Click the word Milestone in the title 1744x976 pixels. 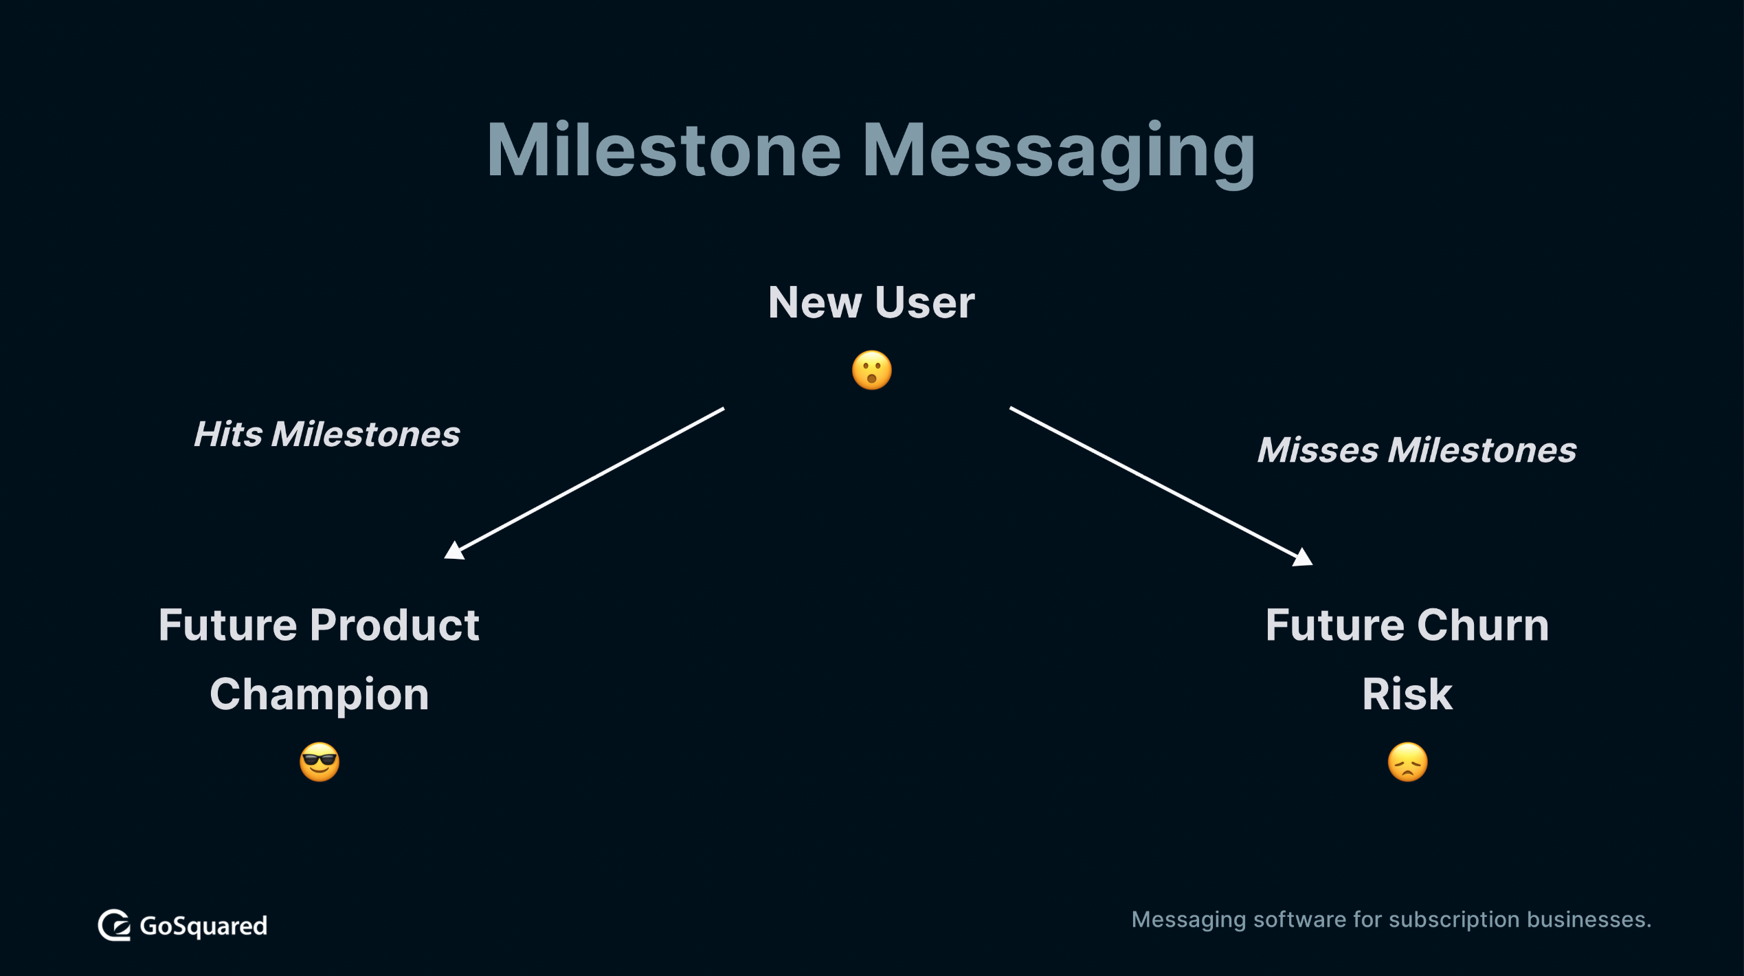coord(664,150)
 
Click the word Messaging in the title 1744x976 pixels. coord(1059,154)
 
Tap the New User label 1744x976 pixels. coord(871,302)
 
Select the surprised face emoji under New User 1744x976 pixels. coord(871,370)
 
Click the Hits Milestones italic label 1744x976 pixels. coord(326,434)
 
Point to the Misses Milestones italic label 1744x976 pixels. coord(1417,450)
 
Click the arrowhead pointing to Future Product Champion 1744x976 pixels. coord(454,551)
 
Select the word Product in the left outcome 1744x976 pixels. coord(394,625)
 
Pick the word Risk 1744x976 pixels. coord(1407,694)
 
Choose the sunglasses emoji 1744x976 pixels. coord(320,762)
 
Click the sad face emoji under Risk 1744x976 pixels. coord(1407,762)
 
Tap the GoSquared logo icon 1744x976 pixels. coord(114,925)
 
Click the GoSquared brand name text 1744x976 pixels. coord(203,927)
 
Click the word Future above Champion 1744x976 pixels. coord(229,625)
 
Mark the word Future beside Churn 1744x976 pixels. coord(1335,625)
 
